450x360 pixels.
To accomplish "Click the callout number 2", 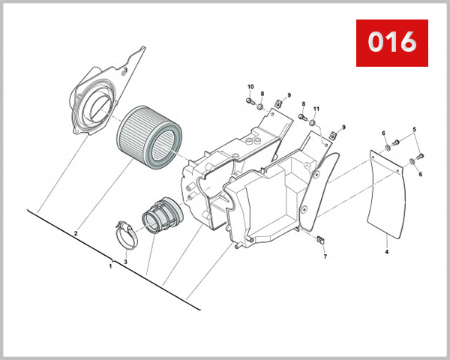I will click(76, 234).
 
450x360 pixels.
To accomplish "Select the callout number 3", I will click(126, 261).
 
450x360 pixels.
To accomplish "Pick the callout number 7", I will click(325, 256).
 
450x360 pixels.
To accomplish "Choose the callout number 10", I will click(250, 87).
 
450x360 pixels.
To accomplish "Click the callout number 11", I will click(316, 109).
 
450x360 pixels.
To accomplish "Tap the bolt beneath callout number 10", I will click(250, 101).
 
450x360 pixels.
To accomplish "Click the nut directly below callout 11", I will click(313, 121).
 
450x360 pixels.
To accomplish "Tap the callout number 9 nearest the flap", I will click(343, 127).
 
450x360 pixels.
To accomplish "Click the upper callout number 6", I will click(383, 133).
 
